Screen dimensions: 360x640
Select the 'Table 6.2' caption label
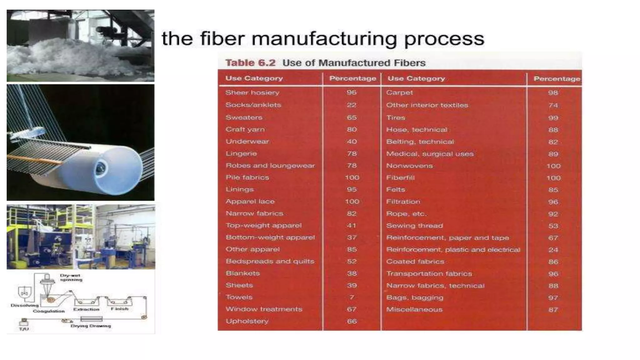250,63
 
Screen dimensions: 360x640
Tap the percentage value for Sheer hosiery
352,92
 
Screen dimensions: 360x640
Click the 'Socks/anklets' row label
253,105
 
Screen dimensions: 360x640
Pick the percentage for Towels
352,297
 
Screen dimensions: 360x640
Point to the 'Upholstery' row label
247,321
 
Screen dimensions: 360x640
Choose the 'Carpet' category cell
399,92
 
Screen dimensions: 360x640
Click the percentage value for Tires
553,118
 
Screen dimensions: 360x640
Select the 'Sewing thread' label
414,226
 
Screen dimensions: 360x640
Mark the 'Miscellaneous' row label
414,310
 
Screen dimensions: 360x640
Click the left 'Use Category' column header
254,78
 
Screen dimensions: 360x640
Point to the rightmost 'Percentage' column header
557,79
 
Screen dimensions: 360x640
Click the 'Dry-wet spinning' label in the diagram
71,277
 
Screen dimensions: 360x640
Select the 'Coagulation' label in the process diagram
49,311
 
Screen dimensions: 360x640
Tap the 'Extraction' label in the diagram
86,309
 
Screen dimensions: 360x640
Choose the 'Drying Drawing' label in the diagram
91,326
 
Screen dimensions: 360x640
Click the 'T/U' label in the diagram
24,329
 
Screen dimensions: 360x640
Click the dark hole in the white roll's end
101,169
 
